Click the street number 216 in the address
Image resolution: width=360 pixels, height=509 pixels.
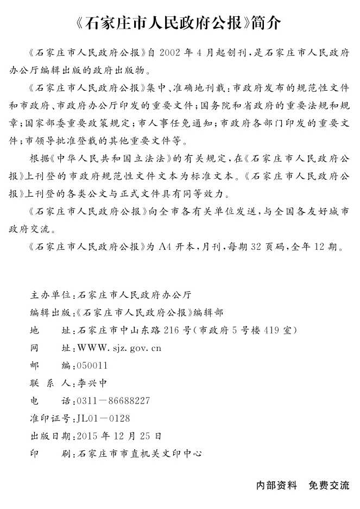tap(171, 331)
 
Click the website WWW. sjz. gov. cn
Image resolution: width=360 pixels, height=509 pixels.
tap(119, 348)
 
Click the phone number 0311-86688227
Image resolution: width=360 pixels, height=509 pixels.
tap(113, 401)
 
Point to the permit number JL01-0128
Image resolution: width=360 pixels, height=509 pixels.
tap(104, 418)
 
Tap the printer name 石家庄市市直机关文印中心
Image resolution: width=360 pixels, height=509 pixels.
tap(140, 453)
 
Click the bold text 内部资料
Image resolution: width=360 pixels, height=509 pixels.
tap(277, 485)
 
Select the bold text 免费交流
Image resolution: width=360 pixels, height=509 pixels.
tap(329, 485)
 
